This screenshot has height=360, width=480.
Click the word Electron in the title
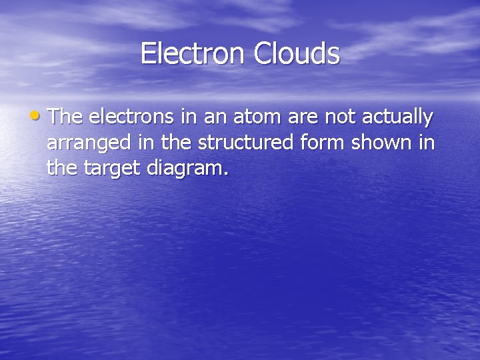(x=193, y=53)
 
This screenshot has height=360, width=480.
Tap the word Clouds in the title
(x=297, y=53)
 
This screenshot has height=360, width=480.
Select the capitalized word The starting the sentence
(x=65, y=117)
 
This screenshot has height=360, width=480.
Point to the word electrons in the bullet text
(x=130, y=118)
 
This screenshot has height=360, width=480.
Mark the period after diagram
(x=226, y=174)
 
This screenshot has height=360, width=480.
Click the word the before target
(x=61, y=169)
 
